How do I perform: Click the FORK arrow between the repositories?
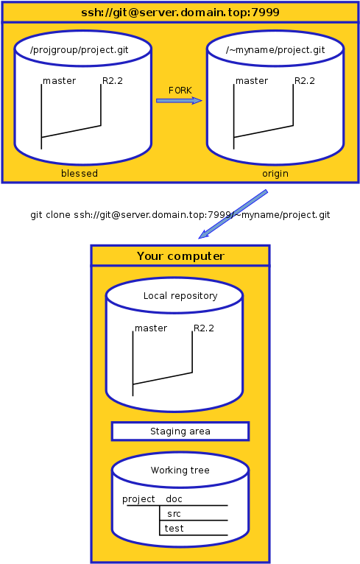[179, 100]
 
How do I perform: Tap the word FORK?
[180, 91]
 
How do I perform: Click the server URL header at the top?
[180, 13]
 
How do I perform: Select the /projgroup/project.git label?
[79, 50]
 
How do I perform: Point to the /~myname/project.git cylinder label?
[275, 50]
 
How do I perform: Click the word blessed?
[80, 173]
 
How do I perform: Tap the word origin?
[275, 174]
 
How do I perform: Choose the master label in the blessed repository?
[60, 81]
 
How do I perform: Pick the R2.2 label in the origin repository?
[305, 81]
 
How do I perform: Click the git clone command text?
[180, 215]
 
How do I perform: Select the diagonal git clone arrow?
[233, 214]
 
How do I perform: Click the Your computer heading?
[180, 256]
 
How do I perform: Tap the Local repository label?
[180, 296]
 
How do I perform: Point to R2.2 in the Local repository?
[203, 328]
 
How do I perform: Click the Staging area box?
[180, 431]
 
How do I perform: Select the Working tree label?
[180, 470]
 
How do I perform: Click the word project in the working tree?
[138, 499]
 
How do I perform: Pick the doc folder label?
[174, 499]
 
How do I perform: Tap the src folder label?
[174, 514]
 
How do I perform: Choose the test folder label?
[174, 529]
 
